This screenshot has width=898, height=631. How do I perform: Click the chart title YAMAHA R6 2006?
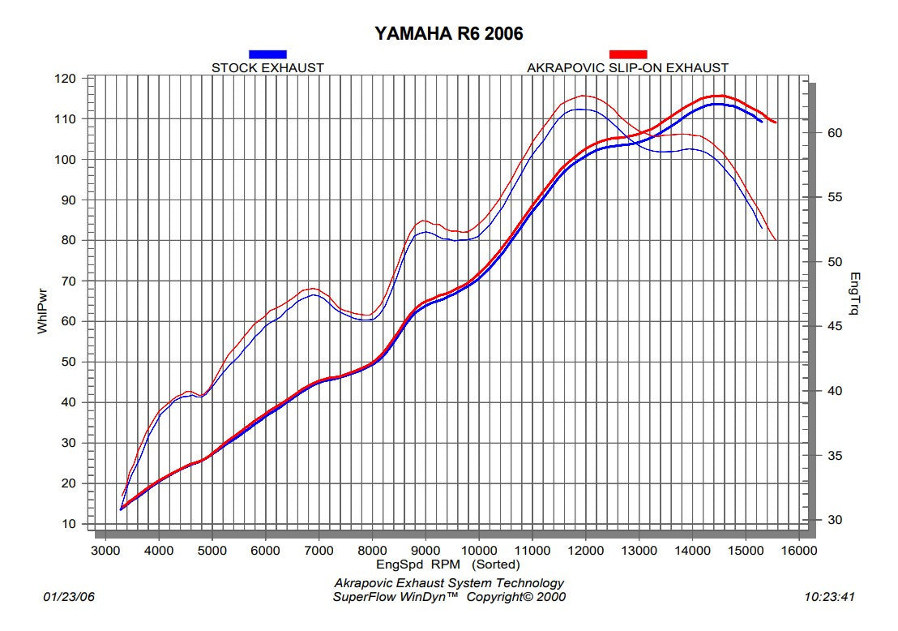448,33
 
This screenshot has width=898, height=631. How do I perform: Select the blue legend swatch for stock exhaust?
267,54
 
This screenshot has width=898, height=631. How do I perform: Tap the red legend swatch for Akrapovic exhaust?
628,54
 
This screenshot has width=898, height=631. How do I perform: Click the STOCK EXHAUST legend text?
267,68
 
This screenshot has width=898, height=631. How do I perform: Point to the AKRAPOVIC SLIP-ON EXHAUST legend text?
627,68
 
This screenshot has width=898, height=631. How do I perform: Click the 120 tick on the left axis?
66,79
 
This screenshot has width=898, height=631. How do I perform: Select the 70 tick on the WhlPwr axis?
69,281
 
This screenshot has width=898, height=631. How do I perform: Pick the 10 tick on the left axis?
69,524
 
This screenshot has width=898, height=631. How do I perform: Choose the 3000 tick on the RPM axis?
105,551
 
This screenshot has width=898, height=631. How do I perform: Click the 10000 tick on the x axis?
478,551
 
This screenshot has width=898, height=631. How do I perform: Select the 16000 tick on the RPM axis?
799,551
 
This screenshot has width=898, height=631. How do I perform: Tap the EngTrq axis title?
853,294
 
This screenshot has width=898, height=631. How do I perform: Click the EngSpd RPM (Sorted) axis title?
447,564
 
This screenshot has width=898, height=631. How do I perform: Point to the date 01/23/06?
68,597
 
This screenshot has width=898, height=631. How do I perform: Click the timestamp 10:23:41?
830,597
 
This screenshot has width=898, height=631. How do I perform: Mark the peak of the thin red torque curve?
584,96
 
